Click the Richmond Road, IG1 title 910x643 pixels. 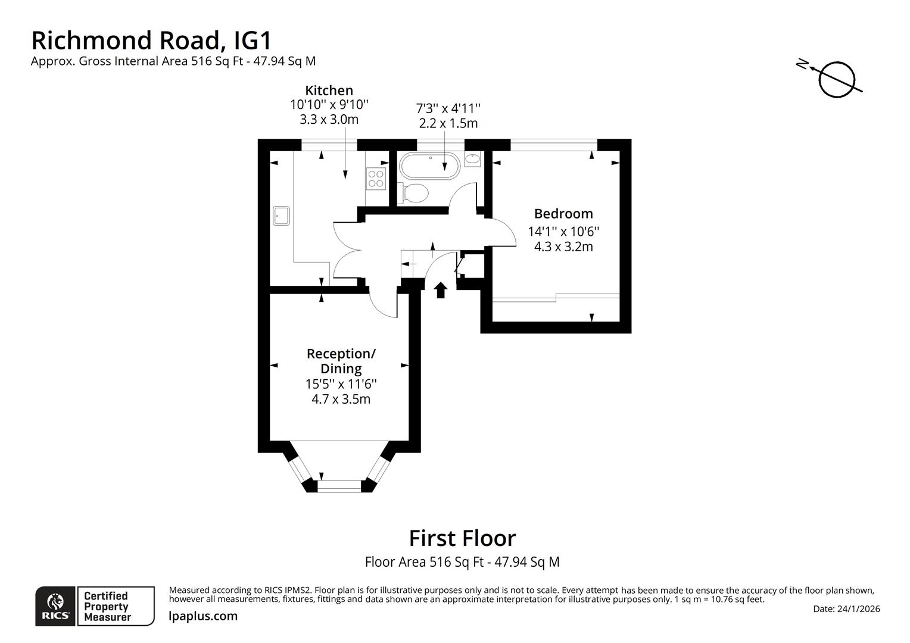(x=151, y=40)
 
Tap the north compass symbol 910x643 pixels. (x=836, y=78)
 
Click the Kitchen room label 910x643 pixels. (x=329, y=90)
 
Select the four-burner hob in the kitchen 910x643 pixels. (x=376, y=177)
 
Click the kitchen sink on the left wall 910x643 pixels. (x=281, y=216)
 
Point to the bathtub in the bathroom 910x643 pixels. (x=429, y=166)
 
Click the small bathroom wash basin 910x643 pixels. (x=472, y=159)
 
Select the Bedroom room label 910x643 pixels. (x=563, y=213)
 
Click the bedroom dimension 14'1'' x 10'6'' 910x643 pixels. (x=563, y=231)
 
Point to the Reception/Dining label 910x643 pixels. (x=341, y=361)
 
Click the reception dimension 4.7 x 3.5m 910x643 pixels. (x=341, y=399)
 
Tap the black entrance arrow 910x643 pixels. (x=440, y=290)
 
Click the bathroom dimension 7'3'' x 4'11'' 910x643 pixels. (x=447, y=108)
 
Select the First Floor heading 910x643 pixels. (x=462, y=538)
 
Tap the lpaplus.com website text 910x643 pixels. (x=203, y=616)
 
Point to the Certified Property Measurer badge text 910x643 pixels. (x=107, y=606)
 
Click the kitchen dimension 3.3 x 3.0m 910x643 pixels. (x=329, y=119)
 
